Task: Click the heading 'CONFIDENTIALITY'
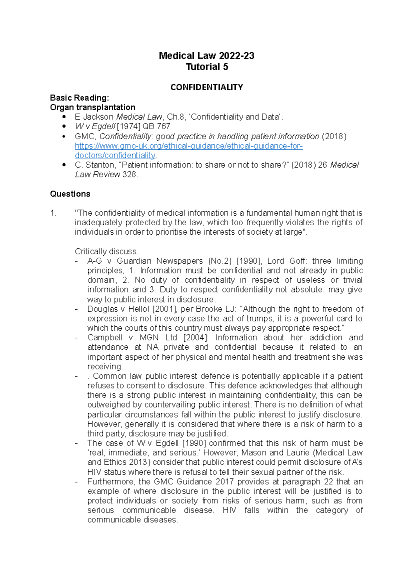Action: [206, 87]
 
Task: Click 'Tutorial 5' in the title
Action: [207, 67]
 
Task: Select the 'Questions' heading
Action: [70, 194]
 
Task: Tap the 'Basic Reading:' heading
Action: [80, 98]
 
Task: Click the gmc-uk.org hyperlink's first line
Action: [189, 146]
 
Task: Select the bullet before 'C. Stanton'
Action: [63, 165]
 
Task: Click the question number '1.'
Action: [53, 213]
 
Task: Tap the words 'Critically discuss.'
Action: [106, 252]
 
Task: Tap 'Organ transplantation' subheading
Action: [93, 107]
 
